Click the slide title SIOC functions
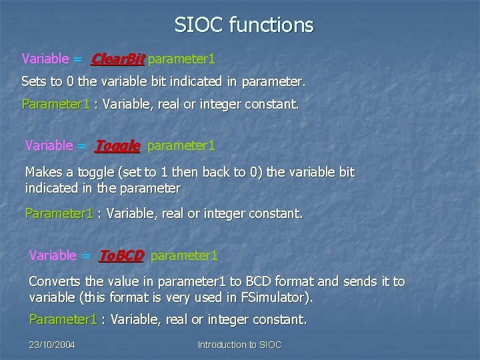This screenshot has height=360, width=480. click(243, 25)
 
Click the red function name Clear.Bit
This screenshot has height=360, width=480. click(117, 59)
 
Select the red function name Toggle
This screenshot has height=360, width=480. click(117, 145)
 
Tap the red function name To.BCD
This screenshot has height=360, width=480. click(121, 255)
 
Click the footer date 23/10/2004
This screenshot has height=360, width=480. click(52, 345)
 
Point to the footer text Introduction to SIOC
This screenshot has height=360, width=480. click(239, 345)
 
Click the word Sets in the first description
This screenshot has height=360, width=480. click(33, 83)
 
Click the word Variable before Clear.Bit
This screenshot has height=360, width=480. click(45, 59)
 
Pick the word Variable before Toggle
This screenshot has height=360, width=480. click(49, 145)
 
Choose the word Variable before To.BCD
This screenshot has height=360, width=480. click(53, 255)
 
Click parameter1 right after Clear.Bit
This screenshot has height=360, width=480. click(181, 59)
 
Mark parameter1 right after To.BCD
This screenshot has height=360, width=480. click(184, 255)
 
